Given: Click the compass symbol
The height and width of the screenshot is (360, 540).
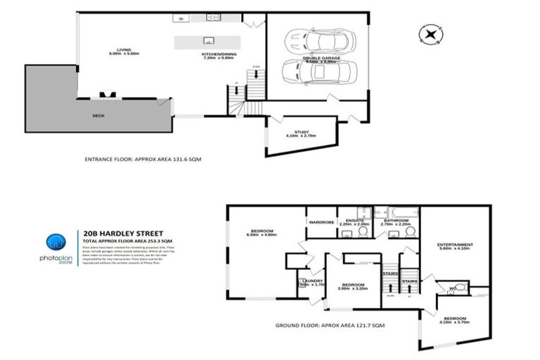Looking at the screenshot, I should point(430,32).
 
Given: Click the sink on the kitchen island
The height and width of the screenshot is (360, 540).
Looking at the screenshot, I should point(208,39).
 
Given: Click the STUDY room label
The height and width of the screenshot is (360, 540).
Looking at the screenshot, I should point(302,134).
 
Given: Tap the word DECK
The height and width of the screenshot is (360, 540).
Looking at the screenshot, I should point(99,116).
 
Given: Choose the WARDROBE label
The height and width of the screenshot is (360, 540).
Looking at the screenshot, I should point(321,222).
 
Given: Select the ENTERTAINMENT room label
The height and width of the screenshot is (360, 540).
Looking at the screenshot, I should point(455,246).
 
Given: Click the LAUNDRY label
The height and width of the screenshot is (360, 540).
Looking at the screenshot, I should point(310,283).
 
